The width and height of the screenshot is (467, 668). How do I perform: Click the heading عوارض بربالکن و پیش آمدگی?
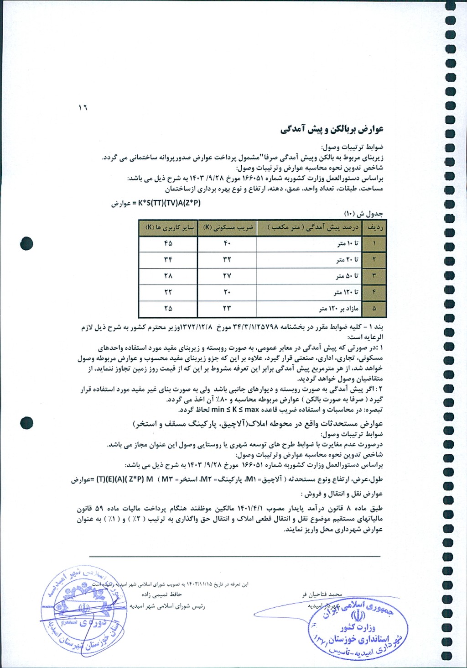pyautogui.click(x=332, y=129)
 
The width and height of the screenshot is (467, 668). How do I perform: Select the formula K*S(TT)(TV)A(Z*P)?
pyautogui.click(x=169, y=203)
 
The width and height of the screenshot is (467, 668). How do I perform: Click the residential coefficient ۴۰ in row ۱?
pyautogui.click(x=227, y=244)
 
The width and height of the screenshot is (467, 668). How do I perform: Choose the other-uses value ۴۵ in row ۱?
pyautogui.click(x=168, y=244)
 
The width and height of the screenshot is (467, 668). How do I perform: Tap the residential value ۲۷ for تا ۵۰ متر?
pyautogui.click(x=227, y=276)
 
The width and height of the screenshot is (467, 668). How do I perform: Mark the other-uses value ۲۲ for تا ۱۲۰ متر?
pyautogui.click(x=168, y=292)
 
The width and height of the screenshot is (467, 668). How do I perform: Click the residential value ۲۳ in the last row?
pyautogui.click(x=227, y=309)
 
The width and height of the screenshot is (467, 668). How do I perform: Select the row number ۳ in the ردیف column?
pyautogui.click(x=374, y=276)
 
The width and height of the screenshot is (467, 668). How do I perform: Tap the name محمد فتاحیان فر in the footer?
pyautogui.click(x=322, y=595)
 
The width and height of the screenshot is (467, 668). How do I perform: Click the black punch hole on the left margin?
pyautogui.click(x=26, y=244)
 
